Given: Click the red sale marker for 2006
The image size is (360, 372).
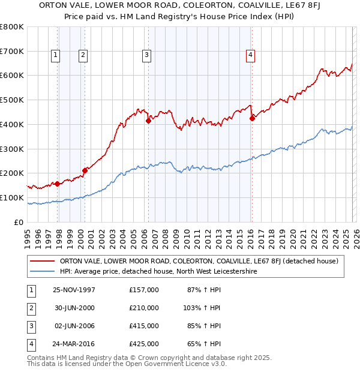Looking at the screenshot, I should coord(148,121).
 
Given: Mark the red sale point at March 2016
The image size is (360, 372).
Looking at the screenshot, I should coord(252,118).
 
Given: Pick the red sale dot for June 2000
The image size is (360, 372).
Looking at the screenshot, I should coord(85,170).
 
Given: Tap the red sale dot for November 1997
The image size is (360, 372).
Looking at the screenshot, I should coord(58,184).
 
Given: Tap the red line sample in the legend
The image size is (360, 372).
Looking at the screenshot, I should coord(43,261).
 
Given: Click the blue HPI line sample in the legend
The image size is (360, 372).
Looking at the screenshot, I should coord(43,271).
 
